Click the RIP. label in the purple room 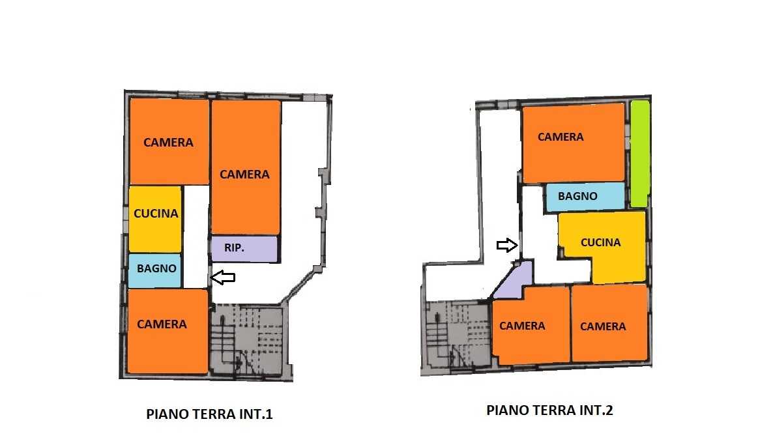[234, 248]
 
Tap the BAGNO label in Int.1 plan [156, 268]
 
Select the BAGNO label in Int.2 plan [577, 196]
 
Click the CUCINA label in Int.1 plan [156, 214]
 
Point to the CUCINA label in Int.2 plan [600, 242]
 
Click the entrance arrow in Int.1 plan [223, 278]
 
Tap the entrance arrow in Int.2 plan [507, 245]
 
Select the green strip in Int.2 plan [640, 154]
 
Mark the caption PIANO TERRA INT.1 [209, 414]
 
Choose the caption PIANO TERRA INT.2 [549, 410]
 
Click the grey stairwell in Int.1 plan [248, 341]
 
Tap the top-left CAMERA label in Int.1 [168, 143]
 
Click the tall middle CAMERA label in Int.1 [244, 175]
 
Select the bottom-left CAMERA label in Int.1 [162, 324]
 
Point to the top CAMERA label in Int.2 [561, 137]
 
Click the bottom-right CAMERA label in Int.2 [603, 326]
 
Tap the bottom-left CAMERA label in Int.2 [522, 326]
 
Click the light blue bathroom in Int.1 [155, 270]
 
